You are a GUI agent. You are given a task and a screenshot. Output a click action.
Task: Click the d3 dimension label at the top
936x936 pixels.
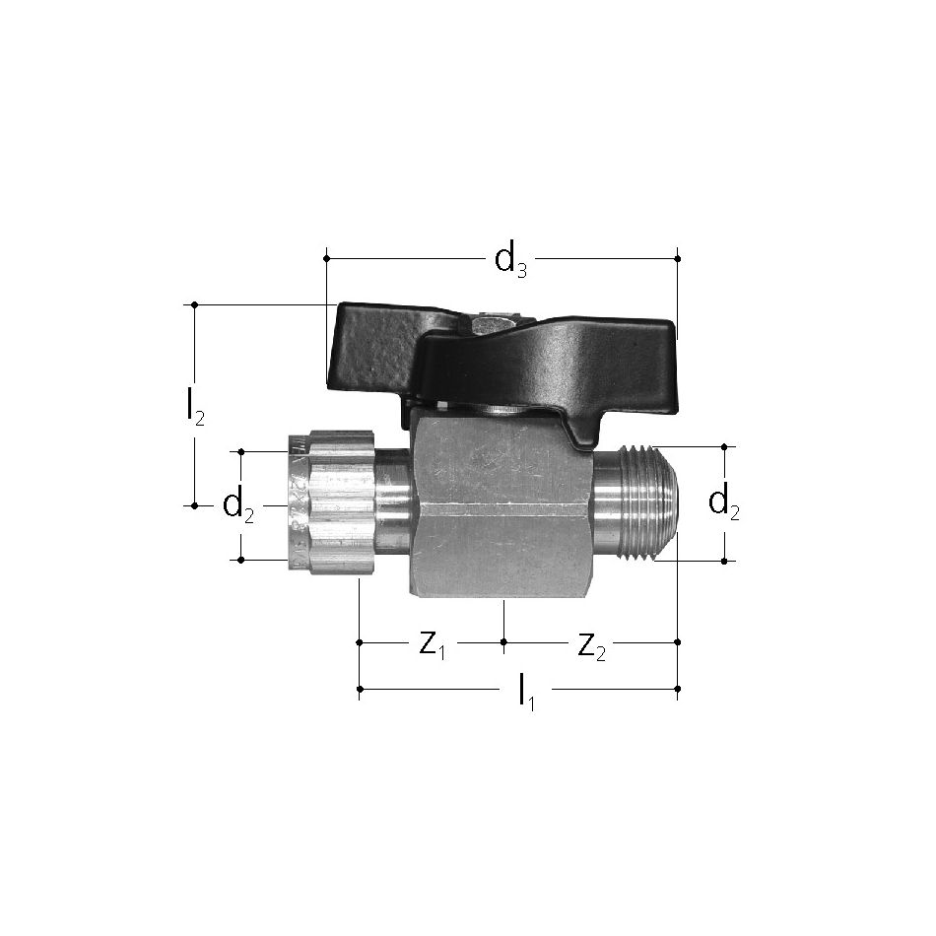511,261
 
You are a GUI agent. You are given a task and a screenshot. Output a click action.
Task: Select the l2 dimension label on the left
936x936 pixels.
195,408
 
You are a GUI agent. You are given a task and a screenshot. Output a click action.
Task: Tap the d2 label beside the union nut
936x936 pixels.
237,506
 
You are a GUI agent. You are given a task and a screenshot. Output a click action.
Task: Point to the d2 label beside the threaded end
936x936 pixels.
723,503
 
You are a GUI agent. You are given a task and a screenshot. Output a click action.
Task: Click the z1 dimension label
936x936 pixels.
433,645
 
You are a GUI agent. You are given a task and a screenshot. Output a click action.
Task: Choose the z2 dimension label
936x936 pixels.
591,646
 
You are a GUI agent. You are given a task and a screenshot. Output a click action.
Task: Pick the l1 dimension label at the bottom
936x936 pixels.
526,693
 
